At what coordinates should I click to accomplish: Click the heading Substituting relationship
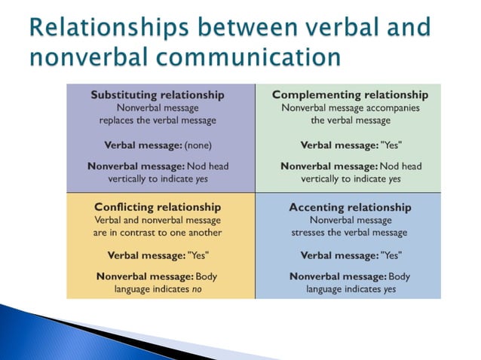pos(157,95)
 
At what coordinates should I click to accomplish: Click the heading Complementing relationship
pos(350,95)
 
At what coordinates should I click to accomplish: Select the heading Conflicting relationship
pos(158,206)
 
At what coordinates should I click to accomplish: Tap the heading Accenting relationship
pos(350,206)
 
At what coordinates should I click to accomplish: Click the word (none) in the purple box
pos(198,145)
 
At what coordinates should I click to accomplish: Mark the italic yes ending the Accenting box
pos(394,288)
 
